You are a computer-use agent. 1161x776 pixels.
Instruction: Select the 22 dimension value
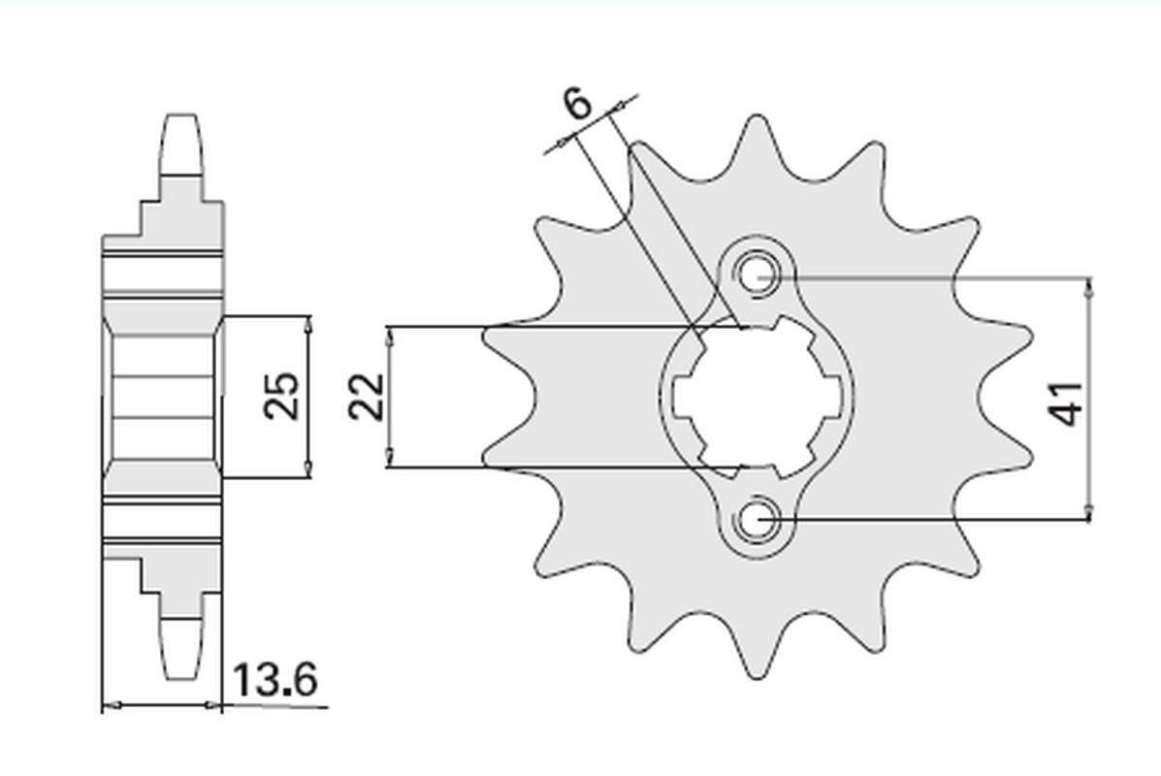coord(368,397)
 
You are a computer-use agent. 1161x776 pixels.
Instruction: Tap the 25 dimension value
coord(282,396)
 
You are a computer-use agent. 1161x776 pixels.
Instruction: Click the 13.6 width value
coord(274,681)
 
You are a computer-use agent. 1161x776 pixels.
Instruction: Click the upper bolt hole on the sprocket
coord(758,275)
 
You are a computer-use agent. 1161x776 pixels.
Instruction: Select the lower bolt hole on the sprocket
coord(758,521)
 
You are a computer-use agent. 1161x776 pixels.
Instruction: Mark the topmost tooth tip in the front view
coord(754,122)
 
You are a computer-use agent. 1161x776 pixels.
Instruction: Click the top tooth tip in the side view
coord(182,119)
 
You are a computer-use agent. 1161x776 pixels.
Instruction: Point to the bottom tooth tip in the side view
coord(182,675)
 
